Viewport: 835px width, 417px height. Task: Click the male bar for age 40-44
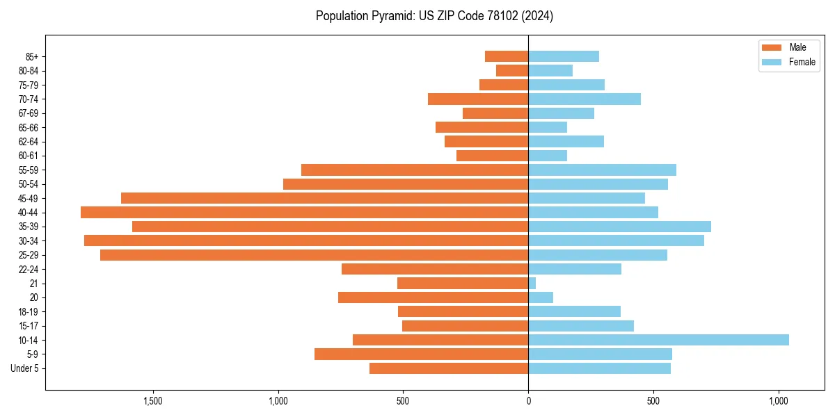tap(304, 212)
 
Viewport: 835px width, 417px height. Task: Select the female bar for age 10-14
tap(658, 340)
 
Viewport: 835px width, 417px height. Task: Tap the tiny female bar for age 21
tap(532, 283)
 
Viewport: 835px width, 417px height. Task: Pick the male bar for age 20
tap(433, 297)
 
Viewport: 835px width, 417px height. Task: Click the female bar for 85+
tap(564, 56)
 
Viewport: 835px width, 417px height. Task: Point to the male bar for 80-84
tap(512, 70)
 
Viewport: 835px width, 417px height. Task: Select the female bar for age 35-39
tap(619, 227)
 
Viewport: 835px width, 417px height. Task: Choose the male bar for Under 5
tap(449, 368)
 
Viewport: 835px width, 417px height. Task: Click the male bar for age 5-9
tap(421, 354)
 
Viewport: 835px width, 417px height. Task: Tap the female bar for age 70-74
tap(584, 99)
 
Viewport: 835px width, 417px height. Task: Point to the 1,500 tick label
tap(152, 401)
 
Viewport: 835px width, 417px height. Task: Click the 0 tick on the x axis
tap(528, 401)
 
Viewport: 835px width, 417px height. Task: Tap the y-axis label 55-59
tap(29, 170)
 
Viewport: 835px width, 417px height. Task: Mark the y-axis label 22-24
tap(29, 269)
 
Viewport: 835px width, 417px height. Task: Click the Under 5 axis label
tap(25, 368)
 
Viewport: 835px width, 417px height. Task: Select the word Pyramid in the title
tap(394, 15)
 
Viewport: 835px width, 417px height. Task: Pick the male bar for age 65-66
tap(482, 127)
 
